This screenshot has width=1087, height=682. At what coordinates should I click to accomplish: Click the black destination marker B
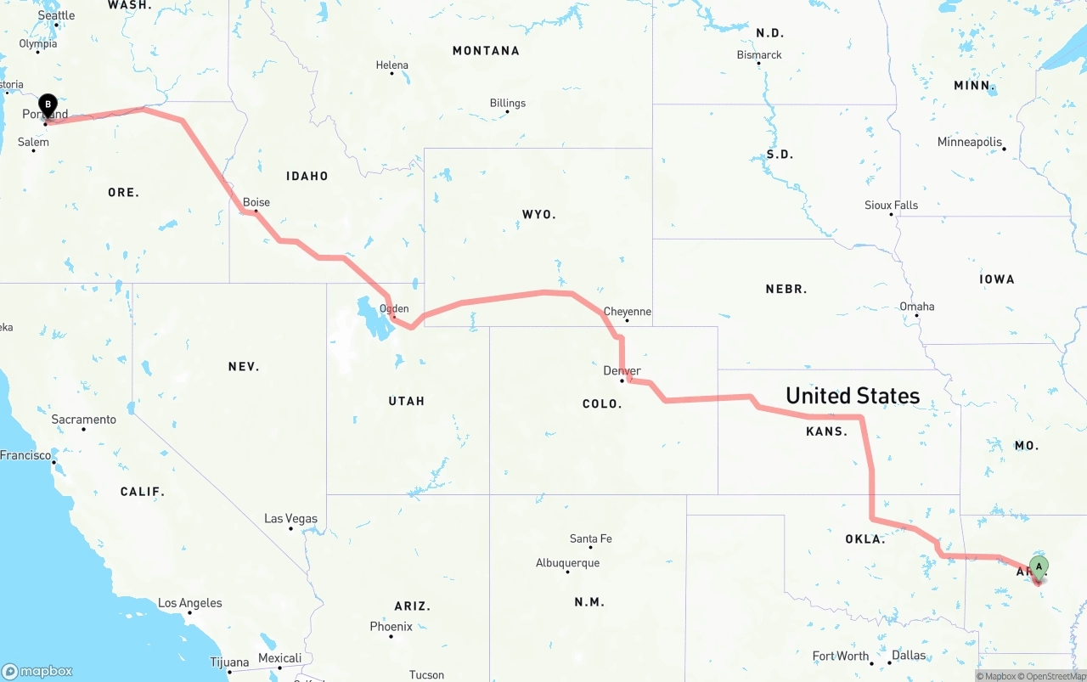[48, 105]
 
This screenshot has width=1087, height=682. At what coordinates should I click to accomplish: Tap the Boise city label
[256, 202]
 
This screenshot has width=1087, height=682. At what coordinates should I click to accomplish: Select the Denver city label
[622, 371]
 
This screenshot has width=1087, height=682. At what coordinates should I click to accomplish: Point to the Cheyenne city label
[627, 312]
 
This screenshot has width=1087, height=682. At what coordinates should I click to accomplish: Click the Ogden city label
[394, 309]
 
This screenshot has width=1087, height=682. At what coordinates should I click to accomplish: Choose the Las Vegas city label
[290, 518]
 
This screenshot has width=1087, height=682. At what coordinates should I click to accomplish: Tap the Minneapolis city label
[970, 142]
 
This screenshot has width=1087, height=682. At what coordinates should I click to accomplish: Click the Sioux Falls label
[891, 205]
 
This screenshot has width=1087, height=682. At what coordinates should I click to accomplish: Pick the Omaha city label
[916, 307]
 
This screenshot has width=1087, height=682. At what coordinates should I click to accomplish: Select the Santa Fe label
[590, 538]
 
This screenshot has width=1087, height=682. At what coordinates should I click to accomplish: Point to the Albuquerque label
[567, 563]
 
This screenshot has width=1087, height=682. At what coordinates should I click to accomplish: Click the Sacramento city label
[83, 420]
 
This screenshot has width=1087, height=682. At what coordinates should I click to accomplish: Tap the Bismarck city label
[759, 55]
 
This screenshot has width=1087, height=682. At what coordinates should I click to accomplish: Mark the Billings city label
[508, 104]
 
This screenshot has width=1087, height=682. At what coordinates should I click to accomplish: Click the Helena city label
[392, 65]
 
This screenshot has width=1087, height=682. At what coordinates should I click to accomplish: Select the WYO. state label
[539, 215]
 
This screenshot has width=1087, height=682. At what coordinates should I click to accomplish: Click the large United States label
[853, 396]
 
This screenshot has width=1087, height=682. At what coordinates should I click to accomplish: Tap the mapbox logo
[37, 671]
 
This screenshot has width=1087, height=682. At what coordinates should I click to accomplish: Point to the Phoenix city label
[391, 627]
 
